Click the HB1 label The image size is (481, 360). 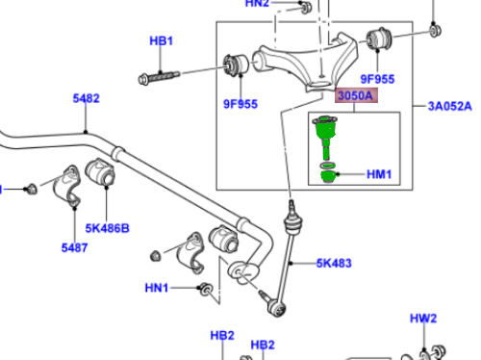(160, 41)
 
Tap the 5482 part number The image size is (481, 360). (86, 98)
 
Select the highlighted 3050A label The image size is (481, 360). (355, 96)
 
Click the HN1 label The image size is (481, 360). (157, 288)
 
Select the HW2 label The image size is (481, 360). (423, 318)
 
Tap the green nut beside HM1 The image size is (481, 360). (329, 175)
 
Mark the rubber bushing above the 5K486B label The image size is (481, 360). (101, 174)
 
